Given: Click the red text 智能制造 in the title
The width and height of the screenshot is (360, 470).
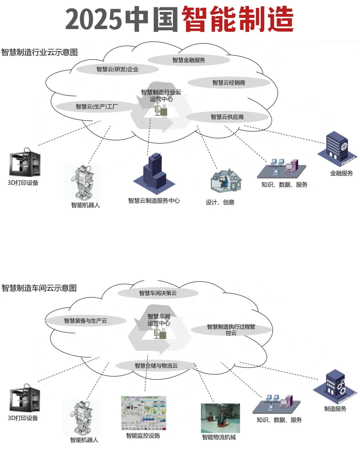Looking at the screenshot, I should pyautogui.click(x=238, y=19).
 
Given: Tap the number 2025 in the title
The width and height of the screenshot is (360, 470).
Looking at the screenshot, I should pyautogui.click(x=93, y=19).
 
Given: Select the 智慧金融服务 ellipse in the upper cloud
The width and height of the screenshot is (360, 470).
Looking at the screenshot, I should pyautogui.click(x=189, y=60).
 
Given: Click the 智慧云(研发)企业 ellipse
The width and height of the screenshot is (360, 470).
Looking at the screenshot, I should pyautogui.click(x=117, y=69).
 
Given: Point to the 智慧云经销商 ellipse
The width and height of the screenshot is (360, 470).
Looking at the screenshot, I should pyautogui.click(x=229, y=83).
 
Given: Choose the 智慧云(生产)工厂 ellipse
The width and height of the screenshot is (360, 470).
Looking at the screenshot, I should pyautogui.click(x=97, y=107).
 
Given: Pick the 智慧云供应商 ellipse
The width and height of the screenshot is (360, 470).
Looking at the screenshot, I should pyautogui.click(x=227, y=117).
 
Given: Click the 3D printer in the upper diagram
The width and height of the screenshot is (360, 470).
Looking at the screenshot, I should pyautogui.click(x=25, y=163).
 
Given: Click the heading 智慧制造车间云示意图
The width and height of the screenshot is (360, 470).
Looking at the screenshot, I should pyautogui.click(x=39, y=288).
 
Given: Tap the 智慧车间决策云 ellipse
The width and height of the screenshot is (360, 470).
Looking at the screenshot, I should pyautogui.click(x=158, y=293).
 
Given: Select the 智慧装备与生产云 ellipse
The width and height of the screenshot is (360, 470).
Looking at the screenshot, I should pyautogui.click(x=86, y=321).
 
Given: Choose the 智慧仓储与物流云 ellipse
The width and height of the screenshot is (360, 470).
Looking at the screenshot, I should pyautogui.click(x=156, y=366).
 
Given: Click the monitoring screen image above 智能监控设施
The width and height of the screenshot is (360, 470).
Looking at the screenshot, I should pyautogui.click(x=144, y=413).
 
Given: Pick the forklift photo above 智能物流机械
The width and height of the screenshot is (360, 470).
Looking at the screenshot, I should pyautogui.click(x=220, y=418).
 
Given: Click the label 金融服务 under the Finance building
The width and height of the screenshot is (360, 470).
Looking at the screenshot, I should pyautogui.click(x=341, y=173).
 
